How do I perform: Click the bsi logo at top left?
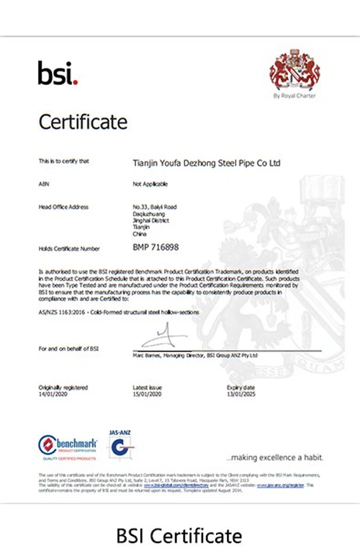(x=57, y=73)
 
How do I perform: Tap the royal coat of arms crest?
(x=294, y=70)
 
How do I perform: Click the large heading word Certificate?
(x=83, y=122)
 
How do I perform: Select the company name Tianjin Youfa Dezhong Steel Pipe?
(x=207, y=163)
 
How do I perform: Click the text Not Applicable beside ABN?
(x=149, y=184)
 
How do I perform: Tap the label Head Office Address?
(x=63, y=207)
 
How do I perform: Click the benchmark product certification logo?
(x=68, y=447)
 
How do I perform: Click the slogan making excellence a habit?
(x=274, y=457)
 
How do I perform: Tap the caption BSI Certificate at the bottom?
(x=179, y=535)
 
